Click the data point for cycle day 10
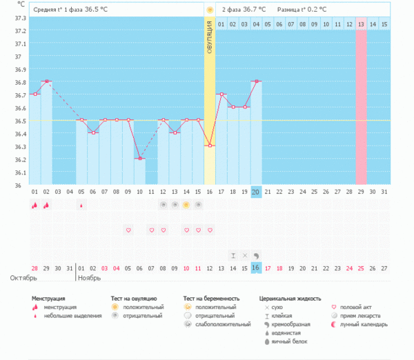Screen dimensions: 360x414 (140, 159)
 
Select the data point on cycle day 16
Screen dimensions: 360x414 (210, 146)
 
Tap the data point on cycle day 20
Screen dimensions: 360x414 (257, 81)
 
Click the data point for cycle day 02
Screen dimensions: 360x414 (46, 81)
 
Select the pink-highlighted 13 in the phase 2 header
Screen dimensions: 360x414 (361, 24)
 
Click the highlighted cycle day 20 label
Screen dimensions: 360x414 (256, 191)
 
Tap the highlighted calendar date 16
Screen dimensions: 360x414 (256, 268)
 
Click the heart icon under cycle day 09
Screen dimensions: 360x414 (128, 230)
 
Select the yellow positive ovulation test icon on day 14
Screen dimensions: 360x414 (186, 205)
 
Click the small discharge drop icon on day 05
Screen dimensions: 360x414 (81, 205)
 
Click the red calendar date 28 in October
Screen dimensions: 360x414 (34, 268)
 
